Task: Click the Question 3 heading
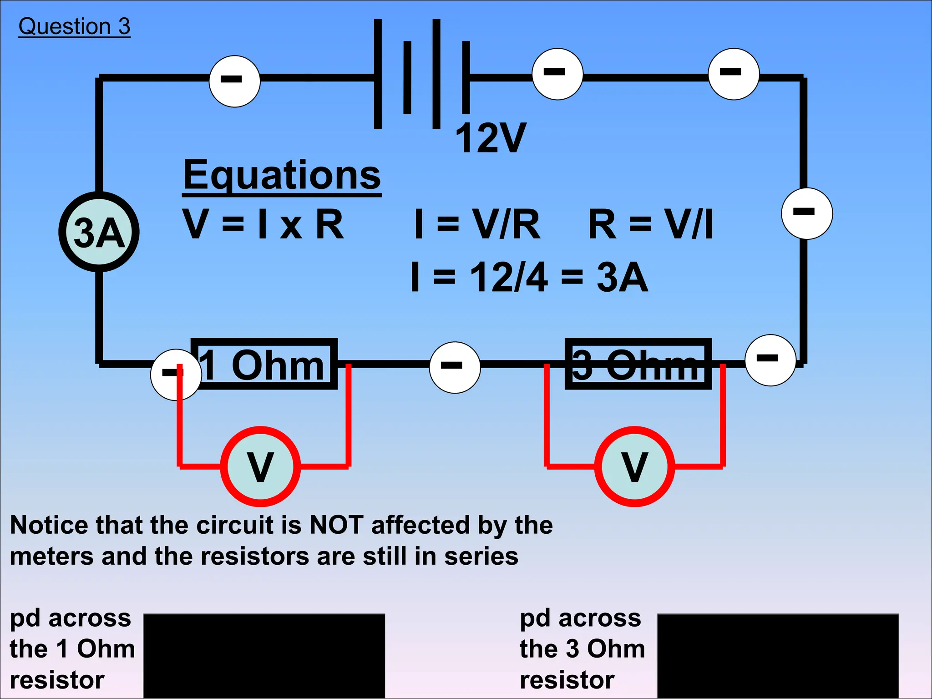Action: click(74, 26)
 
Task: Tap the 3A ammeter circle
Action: click(99, 232)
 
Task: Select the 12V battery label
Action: click(491, 138)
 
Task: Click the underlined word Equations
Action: click(282, 175)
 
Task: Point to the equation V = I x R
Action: click(263, 224)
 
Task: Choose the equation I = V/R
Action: click(477, 224)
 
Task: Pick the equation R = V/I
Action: click(651, 224)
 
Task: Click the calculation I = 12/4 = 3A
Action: click(529, 277)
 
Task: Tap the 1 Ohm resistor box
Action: click(264, 364)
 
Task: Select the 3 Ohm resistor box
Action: click(638, 364)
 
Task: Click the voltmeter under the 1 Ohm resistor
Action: click(260, 466)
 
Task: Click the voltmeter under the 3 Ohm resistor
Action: click(634, 466)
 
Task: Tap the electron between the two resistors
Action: click(455, 367)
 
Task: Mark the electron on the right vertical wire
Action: click(807, 213)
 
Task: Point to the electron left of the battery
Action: click(234, 81)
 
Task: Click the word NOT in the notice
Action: click(336, 525)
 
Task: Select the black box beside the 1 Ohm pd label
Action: click(264, 655)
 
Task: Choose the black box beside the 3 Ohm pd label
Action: click(777, 655)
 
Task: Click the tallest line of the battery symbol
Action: click(377, 74)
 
